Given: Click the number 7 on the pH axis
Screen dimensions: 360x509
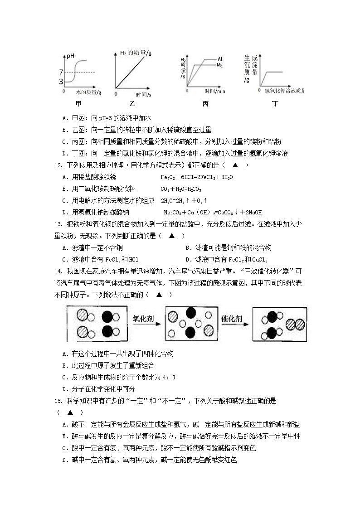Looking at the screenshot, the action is pos(61,73).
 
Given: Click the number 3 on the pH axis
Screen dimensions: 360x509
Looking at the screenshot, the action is pos(61,82).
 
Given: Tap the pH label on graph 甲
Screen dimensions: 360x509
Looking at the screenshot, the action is pos(70,56).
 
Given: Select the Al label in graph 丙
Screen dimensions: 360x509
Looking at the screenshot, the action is pos(219,59).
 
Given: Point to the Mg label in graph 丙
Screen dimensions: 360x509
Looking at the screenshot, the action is pos(220,65).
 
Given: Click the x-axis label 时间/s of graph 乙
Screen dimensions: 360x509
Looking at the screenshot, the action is pos(143,94).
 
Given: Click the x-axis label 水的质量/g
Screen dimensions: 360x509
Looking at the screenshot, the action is pos(89,92).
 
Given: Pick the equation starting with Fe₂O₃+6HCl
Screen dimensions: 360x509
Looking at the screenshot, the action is pos(197,177).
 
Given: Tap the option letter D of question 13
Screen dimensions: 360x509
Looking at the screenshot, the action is pos(188,260).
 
